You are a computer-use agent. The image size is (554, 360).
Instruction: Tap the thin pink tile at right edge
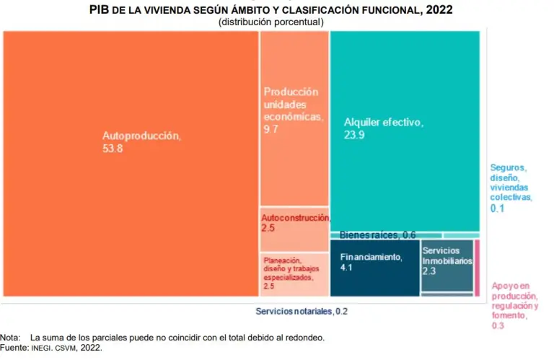coord(478,268)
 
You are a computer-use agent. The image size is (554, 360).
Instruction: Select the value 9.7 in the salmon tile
coord(271,128)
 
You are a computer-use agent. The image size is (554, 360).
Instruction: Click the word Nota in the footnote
coord(11,338)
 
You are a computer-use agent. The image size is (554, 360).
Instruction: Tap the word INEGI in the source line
coord(42,348)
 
